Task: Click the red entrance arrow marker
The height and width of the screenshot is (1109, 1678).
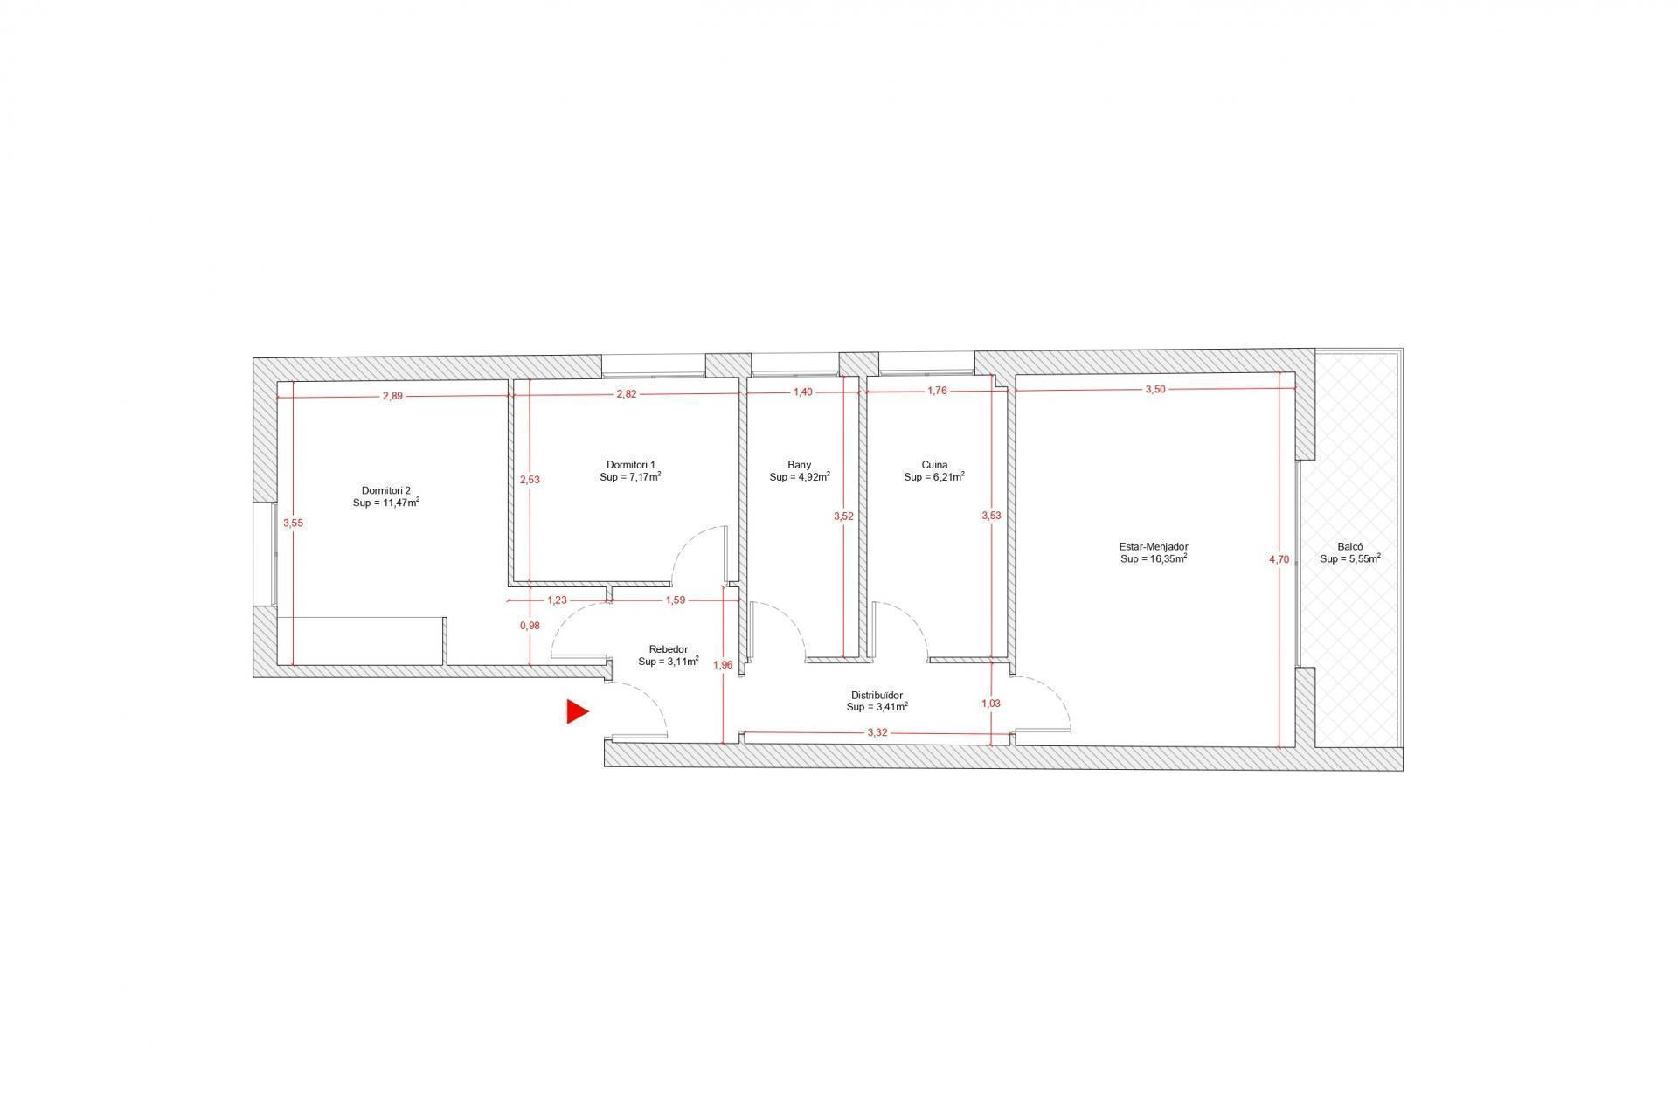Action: tap(577, 711)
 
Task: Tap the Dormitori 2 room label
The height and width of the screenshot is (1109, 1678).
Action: tap(386, 490)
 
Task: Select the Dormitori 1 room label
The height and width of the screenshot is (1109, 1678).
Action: tap(630, 465)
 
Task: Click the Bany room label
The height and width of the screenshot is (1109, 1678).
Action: tap(799, 465)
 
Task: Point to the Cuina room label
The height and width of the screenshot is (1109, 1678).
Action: tap(934, 465)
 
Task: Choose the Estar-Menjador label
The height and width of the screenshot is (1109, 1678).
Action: tap(1154, 546)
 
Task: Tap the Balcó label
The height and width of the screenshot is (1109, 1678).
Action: tap(1350, 546)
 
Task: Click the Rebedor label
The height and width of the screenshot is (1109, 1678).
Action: tap(669, 649)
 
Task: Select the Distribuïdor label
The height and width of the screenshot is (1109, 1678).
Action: tap(877, 695)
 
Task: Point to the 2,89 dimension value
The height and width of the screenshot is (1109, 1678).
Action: tap(392, 395)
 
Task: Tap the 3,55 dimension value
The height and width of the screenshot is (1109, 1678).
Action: tap(293, 523)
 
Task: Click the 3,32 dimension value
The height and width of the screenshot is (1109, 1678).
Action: tap(877, 732)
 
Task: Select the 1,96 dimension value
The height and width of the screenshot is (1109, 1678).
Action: tap(723, 664)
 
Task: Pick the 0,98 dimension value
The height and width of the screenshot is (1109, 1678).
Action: tap(530, 625)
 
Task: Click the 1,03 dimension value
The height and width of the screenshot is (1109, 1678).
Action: tap(990, 703)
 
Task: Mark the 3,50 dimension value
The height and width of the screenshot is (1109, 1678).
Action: tap(1154, 389)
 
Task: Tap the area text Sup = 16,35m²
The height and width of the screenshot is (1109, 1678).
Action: tap(1154, 558)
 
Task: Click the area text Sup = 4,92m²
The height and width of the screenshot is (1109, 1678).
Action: tap(799, 477)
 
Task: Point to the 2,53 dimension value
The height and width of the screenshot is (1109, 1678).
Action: tap(530, 479)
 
